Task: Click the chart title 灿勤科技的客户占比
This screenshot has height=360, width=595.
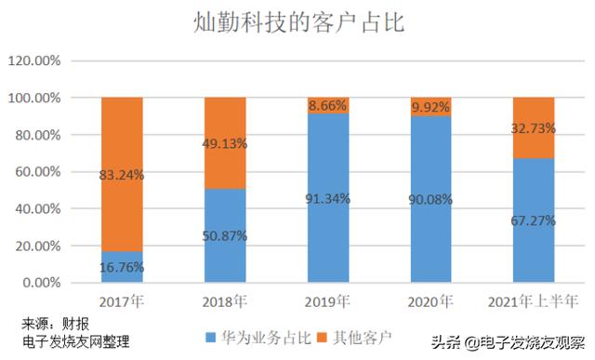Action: click(298, 22)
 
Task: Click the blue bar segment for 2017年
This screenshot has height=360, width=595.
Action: click(122, 267)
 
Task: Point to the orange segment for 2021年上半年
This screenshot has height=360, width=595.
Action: click(534, 127)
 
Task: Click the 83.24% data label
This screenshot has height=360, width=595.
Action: click(123, 174)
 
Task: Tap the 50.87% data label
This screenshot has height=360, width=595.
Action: click(225, 236)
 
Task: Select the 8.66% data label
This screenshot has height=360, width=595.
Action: click(327, 106)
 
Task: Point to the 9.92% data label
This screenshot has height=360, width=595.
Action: click(430, 108)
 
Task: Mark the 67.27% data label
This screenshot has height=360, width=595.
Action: click(534, 220)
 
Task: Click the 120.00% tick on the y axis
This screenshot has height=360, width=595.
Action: click(34, 60)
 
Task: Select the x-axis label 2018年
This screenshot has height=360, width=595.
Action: click(225, 300)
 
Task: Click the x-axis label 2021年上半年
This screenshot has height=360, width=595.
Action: click(534, 300)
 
